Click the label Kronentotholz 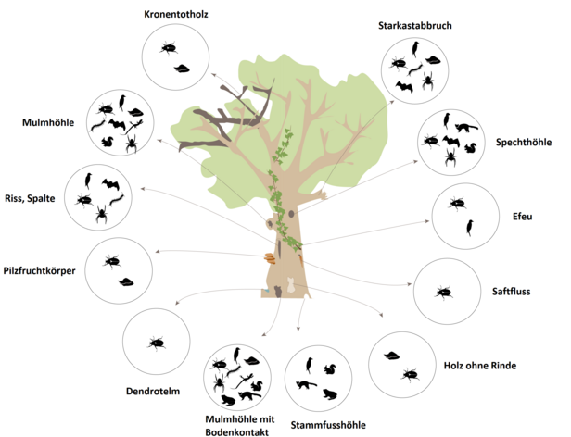tap(176, 15)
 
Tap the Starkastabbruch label tap(414, 26)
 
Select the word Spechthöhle tap(524, 143)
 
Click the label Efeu tap(522, 217)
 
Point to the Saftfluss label tap(511, 292)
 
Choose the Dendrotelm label tap(153, 392)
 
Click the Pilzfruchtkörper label tap(39, 271)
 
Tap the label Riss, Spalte tap(30, 199)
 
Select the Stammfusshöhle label tap(328, 425)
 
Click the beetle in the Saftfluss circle tap(444, 292)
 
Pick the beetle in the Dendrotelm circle tap(157, 343)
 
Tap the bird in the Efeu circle tap(470, 228)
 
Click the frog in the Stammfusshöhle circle tap(330, 394)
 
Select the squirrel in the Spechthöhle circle tap(471, 147)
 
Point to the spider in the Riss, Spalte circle tap(102, 214)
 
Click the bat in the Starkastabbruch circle tap(404, 87)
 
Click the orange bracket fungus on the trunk tap(271, 258)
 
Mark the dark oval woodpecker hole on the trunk tap(291, 214)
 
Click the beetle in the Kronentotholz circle tap(169, 47)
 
